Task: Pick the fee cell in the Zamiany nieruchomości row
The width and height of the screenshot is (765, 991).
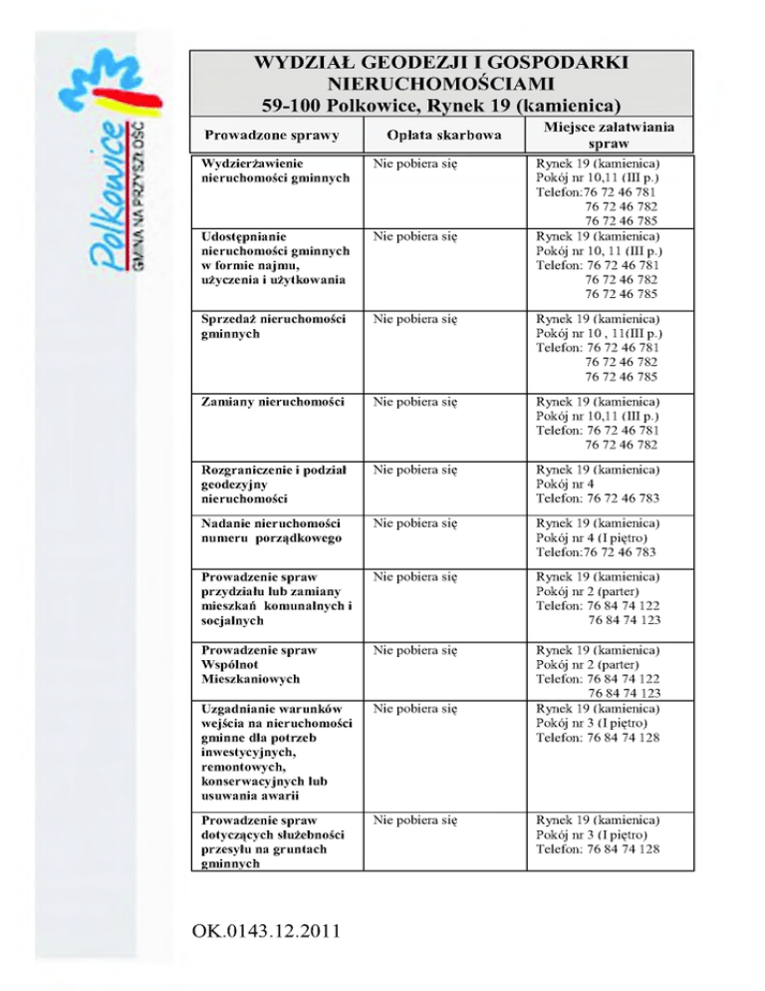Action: coord(415,403)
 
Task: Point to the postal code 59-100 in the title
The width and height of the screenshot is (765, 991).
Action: coord(290,104)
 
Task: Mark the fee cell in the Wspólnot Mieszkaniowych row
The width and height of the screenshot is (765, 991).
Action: coord(415,649)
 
